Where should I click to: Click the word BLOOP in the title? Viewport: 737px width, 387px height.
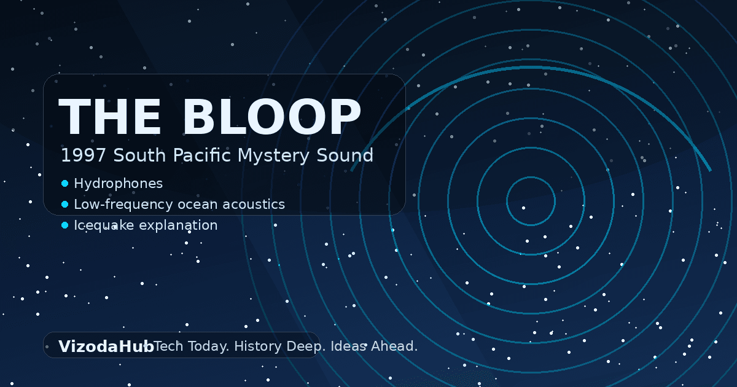(x=271, y=117)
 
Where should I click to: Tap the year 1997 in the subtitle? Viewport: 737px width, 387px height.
(x=76, y=155)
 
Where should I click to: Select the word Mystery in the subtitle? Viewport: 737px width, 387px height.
(x=265, y=155)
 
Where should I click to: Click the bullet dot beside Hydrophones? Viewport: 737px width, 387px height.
(x=64, y=184)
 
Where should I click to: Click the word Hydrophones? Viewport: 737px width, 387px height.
(x=119, y=184)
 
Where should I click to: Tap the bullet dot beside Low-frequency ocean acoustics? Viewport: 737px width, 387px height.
(x=64, y=205)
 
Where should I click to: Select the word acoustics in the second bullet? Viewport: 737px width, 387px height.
(x=255, y=205)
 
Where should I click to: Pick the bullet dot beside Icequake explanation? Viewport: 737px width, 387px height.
(x=64, y=225)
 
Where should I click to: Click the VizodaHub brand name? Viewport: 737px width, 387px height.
(x=106, y=346)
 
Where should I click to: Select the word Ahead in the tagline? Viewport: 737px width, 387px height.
(x=394, y=346)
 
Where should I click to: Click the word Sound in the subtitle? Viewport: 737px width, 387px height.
(x=346, y=155)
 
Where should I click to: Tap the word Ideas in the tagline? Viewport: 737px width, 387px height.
(x=348, y=346)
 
